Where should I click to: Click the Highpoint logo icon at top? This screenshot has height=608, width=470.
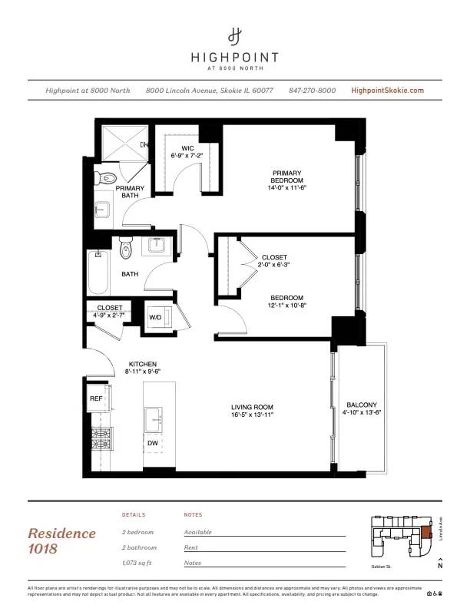pos(235,35)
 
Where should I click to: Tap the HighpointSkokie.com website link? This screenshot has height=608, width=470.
pos(387,91)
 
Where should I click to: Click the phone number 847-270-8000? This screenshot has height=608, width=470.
pos(312,91)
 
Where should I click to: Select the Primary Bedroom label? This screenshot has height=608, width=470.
pos(286,177)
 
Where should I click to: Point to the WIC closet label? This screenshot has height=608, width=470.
pos(187,148)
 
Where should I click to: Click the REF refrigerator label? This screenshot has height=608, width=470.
pos(96,398)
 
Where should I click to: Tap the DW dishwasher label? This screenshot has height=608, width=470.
pos(153,442)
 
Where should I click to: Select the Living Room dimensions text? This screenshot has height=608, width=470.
pos(253,415)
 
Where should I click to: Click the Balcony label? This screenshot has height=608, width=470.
pos(361,405)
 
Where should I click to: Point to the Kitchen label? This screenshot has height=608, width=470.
pos(143,364)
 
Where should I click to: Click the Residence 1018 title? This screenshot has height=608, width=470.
pos(62,540)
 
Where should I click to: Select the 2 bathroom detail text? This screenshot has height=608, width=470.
pos(139,547)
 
